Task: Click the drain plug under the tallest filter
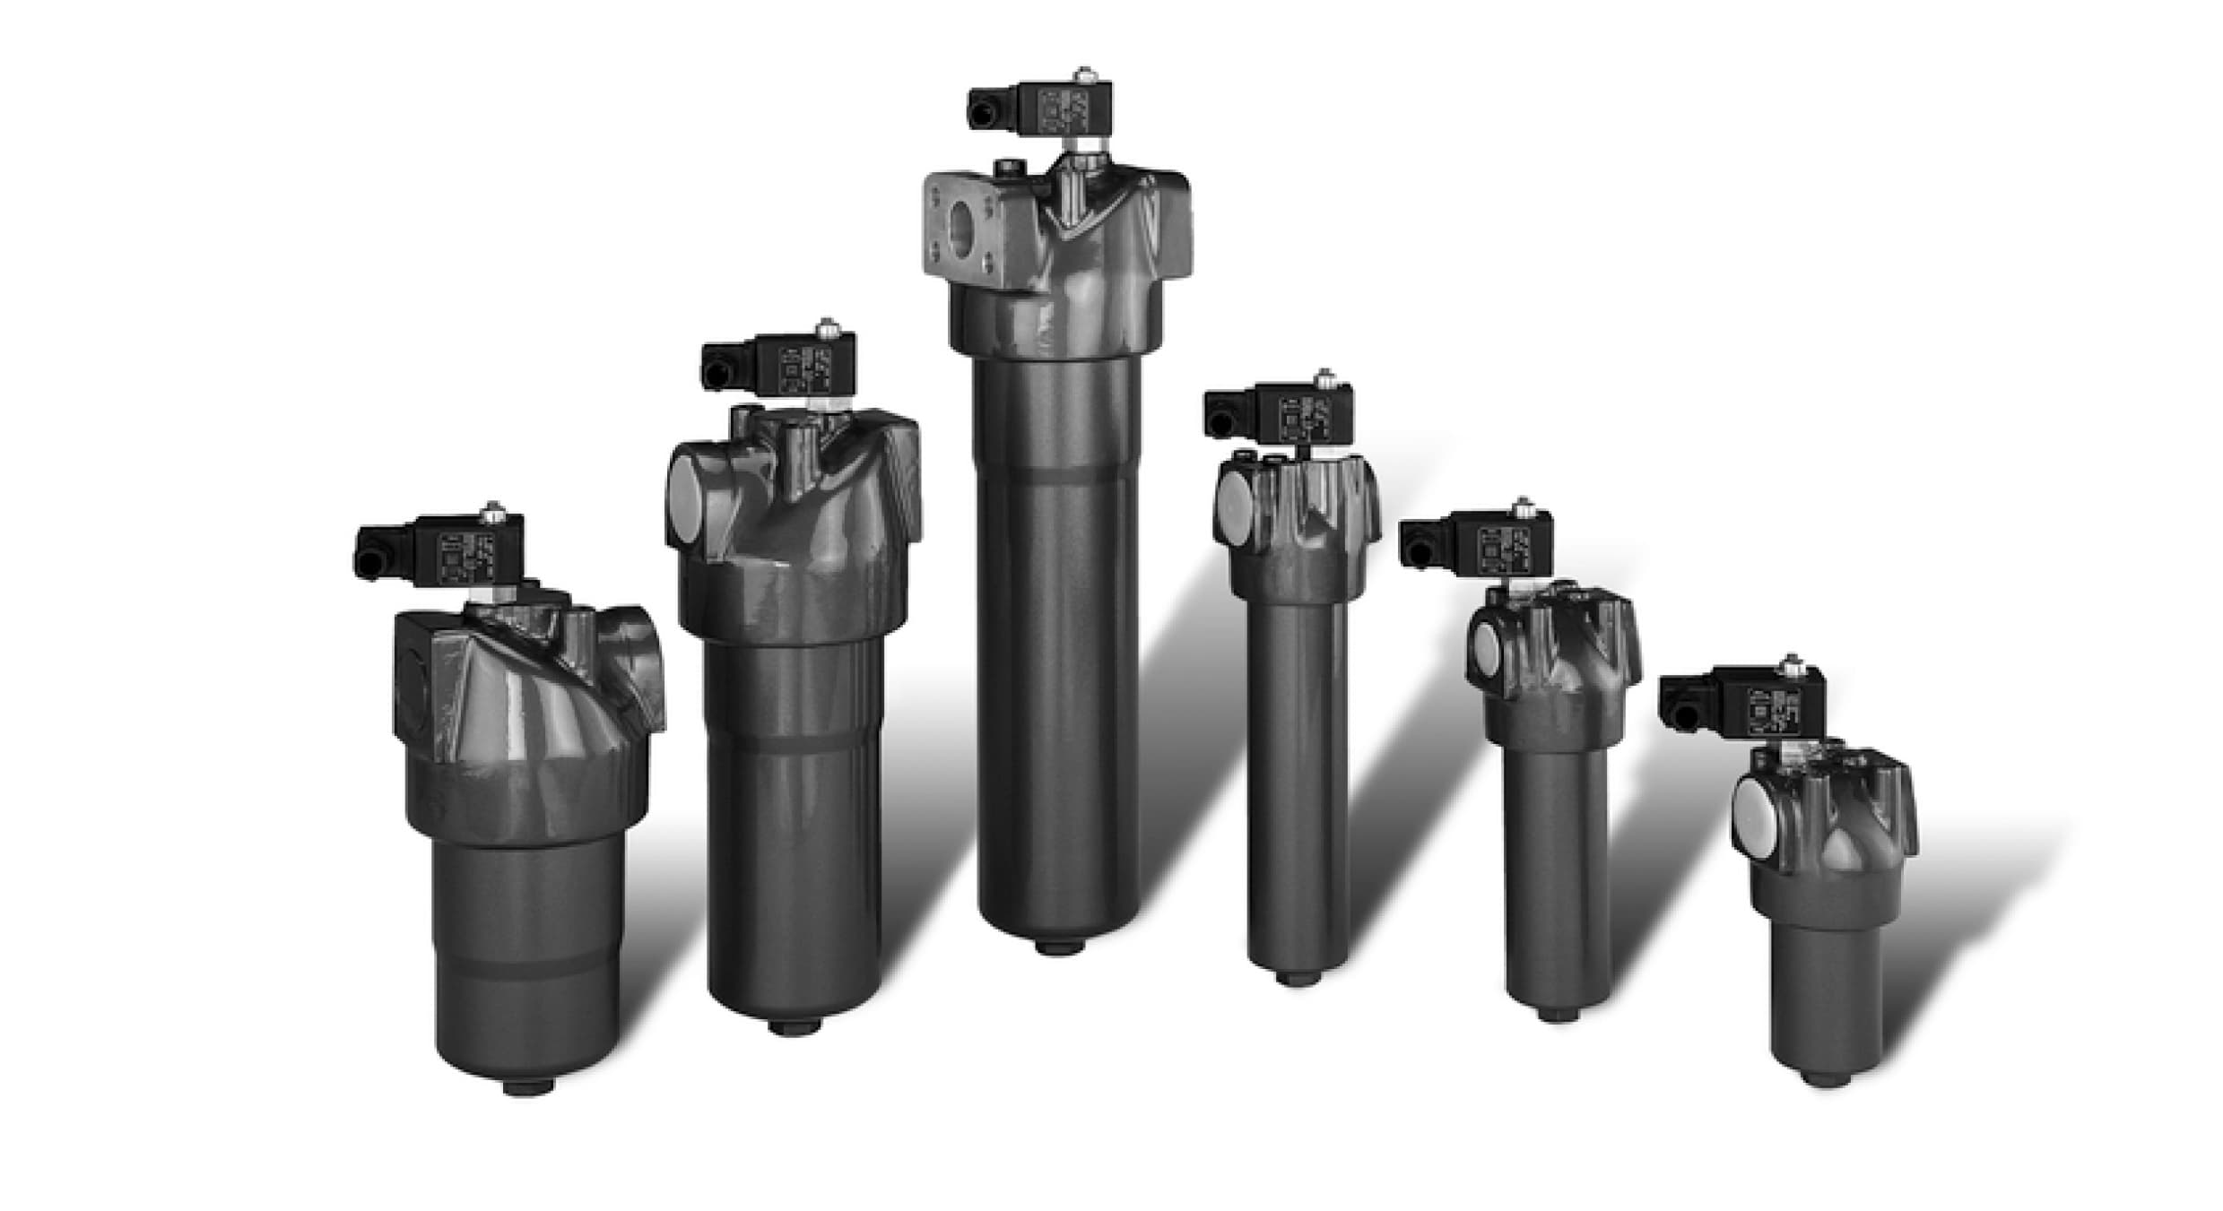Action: [1060, 947]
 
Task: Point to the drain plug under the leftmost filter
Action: [528, 1088]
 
